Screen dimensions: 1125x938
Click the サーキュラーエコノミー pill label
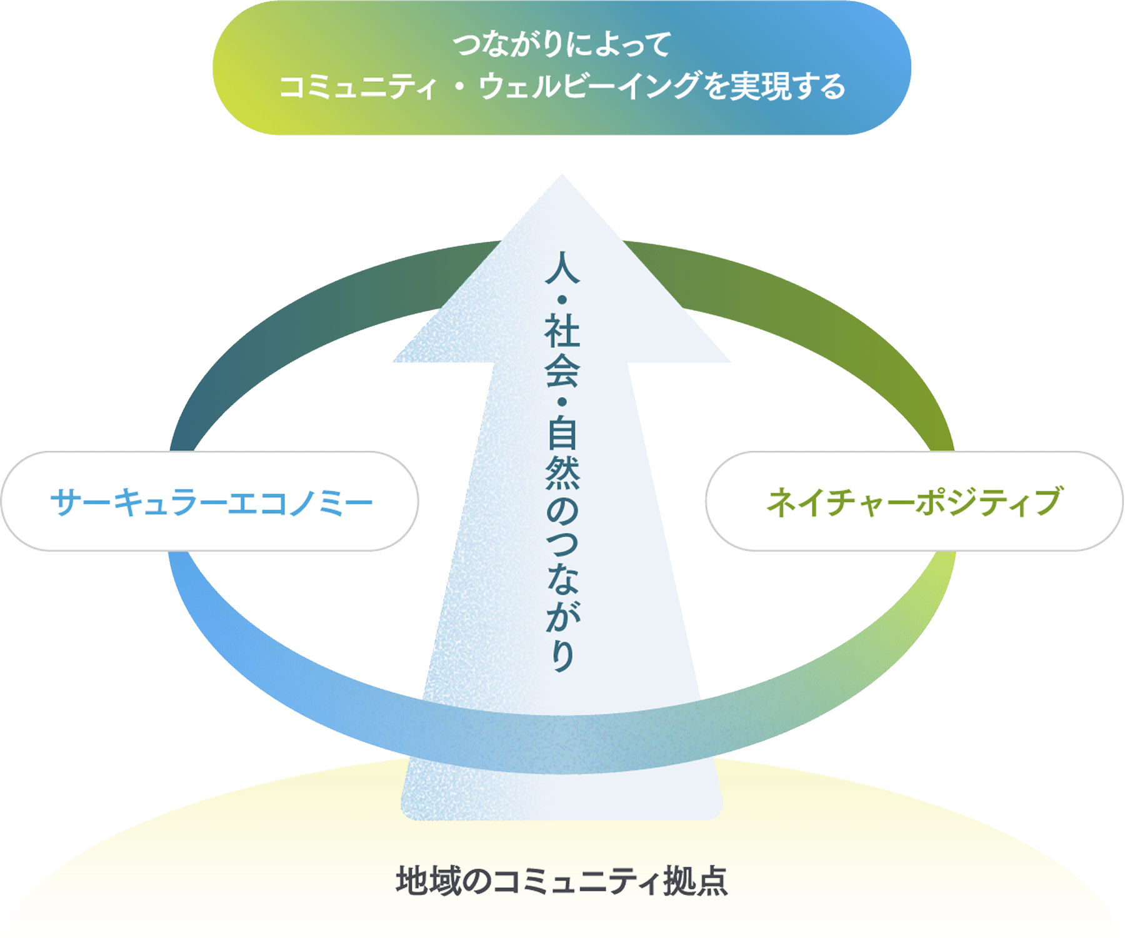210,502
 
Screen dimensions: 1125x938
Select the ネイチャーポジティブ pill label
914,502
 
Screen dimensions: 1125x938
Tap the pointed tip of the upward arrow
562,174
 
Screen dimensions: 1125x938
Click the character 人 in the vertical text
562,267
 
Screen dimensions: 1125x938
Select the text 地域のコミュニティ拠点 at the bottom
562,880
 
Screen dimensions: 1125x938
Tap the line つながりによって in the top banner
562,45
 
